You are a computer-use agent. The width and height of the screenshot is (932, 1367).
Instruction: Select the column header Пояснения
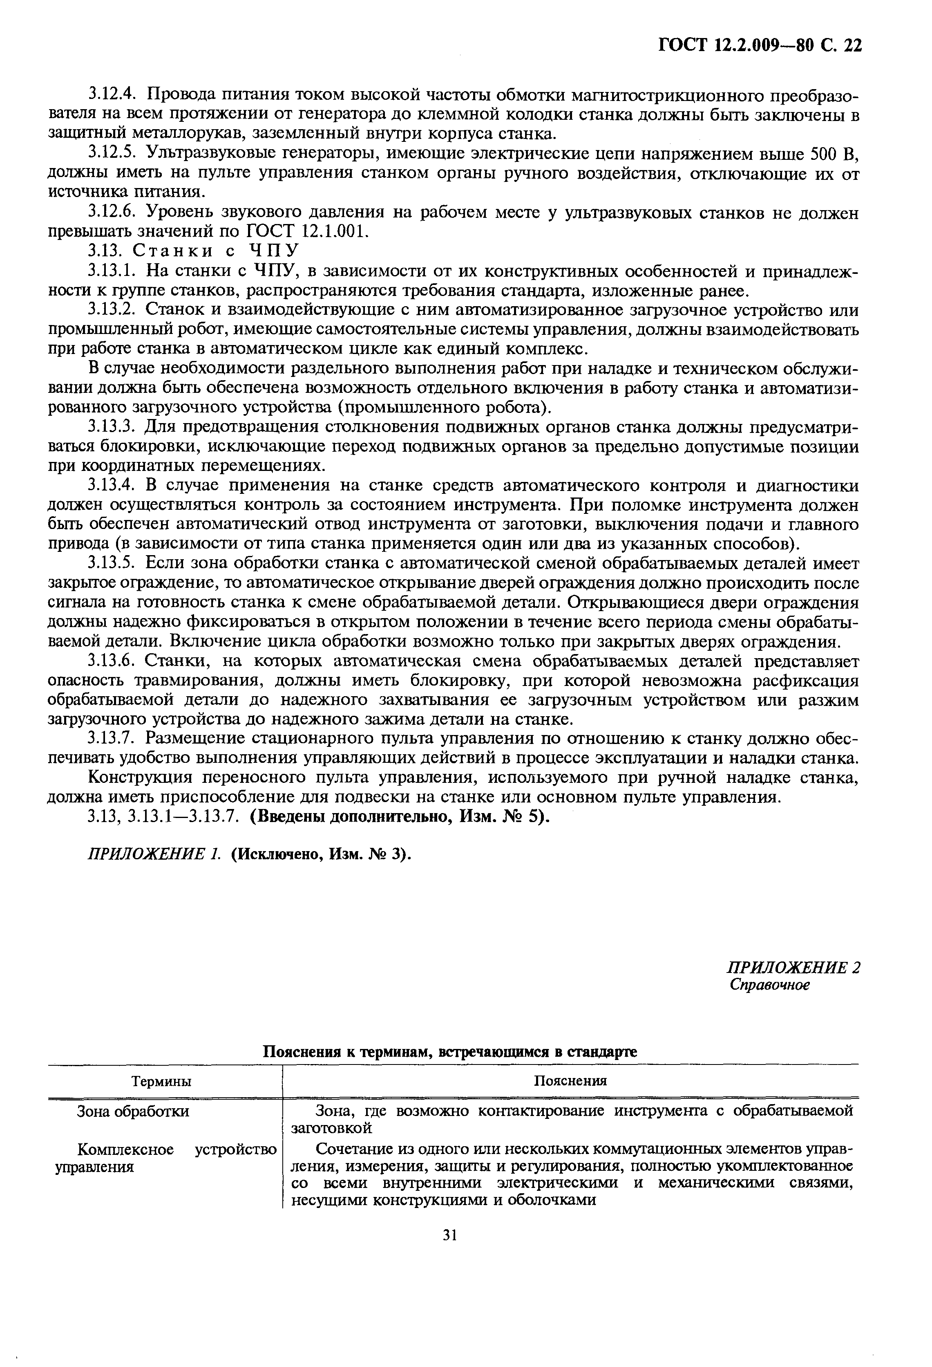pyautogui.click(x=570, y=1081)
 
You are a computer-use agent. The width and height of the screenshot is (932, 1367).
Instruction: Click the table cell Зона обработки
pyautogui.click(x=134, y=1112)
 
